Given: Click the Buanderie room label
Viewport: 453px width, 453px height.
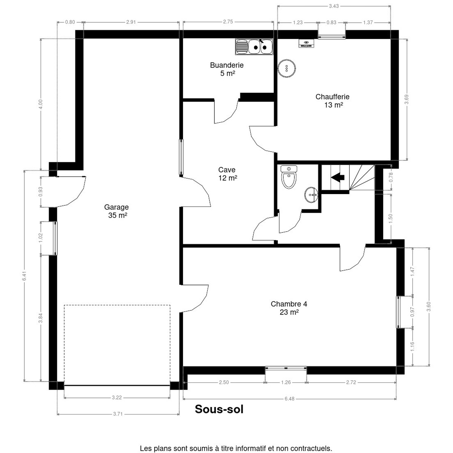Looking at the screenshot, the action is tap(226, 69).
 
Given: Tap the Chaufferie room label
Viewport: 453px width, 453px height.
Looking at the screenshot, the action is tap(332, 101).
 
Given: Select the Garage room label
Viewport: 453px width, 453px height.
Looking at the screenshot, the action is tap(117, 211).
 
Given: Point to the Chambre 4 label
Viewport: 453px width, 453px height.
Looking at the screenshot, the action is tap(289, 308).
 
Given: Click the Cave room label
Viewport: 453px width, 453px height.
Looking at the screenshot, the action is tap(227, 174).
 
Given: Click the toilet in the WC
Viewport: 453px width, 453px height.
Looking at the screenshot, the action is tap(289, 177).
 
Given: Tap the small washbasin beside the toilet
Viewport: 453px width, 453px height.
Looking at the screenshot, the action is tap(311, 195).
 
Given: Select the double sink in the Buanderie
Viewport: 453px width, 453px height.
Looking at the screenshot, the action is tap(254, 47).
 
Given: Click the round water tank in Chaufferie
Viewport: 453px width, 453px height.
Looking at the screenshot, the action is tap(287, 68).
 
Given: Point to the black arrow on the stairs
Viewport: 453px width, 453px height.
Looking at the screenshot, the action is tap(337, 177).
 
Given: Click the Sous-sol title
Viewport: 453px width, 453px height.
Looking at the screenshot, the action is tap(219, 409).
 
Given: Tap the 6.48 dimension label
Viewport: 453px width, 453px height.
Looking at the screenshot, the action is tap(290, 399).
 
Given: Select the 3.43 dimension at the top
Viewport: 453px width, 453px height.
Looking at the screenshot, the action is tap(334, 6).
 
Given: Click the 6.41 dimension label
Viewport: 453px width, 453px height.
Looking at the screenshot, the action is tap(25, 276).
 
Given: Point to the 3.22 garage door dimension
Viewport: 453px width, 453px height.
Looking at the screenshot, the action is tap(117, 398).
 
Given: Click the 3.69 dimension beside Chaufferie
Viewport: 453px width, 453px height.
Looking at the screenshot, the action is tap(407, 99).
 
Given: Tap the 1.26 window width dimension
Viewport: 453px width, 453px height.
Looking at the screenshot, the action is tap(286, 382).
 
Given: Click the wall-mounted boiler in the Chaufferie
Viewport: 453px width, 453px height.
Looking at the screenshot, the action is tap(306, 43).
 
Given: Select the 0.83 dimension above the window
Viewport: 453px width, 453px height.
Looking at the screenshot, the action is tap(331, 23).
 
